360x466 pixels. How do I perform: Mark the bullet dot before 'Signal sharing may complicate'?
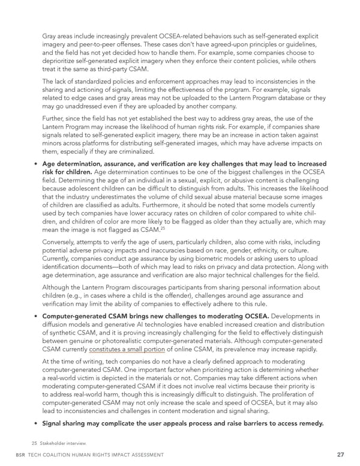pyautogui.click(x=35, y=423)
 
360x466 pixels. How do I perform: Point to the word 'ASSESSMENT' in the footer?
pyautogui.click(x=143, y=455)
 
